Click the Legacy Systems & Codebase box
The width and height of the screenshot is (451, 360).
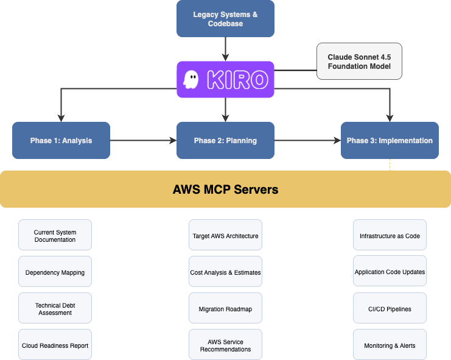[225, 18]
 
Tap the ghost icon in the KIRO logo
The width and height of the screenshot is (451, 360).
[191, 80]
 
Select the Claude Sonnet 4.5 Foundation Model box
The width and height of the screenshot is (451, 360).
[359, 61]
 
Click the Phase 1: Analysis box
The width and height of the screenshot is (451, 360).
[61, 141]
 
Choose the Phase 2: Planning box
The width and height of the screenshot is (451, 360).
[225, 141]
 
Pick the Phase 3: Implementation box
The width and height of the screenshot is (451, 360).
[390, 141]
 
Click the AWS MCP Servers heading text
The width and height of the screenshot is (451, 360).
[225, 189]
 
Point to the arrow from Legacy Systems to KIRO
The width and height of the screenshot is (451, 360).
[225, 49]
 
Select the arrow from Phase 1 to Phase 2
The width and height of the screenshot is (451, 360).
[143, 141]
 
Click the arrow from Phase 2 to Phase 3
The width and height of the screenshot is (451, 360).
[307, 141]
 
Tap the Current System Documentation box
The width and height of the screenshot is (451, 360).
[55, 236]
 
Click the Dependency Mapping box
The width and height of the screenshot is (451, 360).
[55, 272]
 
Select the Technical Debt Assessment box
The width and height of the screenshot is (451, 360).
[55, 309]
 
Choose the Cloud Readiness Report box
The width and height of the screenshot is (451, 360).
[55, 345]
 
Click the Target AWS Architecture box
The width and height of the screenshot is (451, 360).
[225, 236]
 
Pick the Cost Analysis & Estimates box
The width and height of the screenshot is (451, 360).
[225, 272]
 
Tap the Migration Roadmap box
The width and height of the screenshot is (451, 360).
[225, 309]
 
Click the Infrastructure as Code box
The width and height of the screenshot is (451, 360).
[390, 236]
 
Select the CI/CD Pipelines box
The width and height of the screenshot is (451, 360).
[390, 309]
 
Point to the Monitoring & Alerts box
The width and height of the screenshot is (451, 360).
[390, 345]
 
